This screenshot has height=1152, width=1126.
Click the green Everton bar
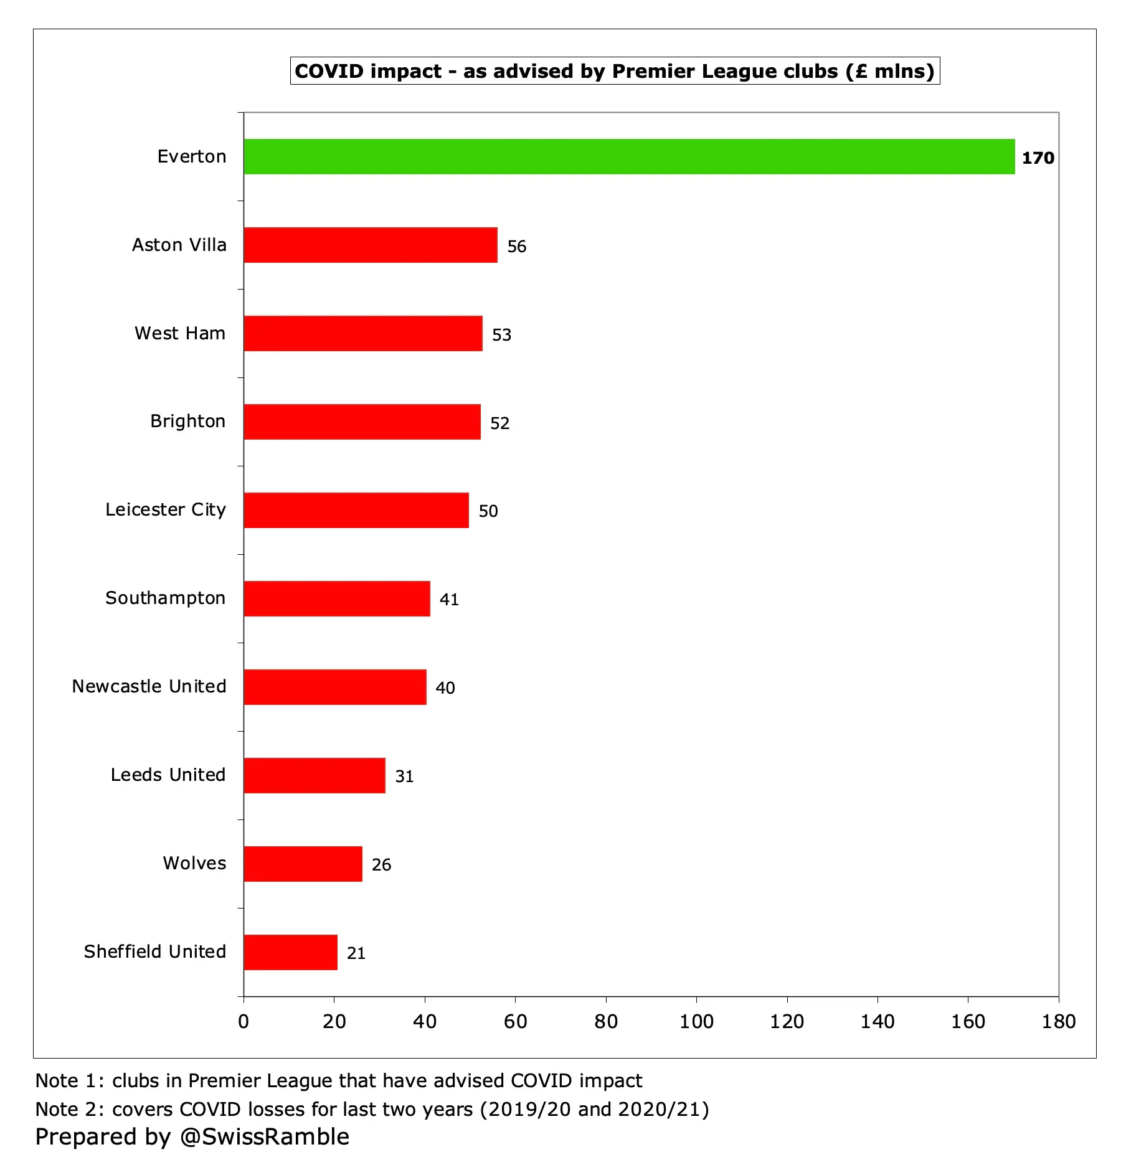coord(629,156)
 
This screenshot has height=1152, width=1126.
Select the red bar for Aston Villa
coord(371,245)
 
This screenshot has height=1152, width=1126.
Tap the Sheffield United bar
coord(290,952)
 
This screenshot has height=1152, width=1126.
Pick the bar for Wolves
coord(303,864)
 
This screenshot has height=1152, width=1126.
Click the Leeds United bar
coord(315,775)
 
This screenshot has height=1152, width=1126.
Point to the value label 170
coord(1038,158)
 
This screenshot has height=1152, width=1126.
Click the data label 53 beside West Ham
coord(501,335)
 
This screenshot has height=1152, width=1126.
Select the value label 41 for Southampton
coord(449,600)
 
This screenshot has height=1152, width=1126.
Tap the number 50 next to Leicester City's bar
coord(488,511)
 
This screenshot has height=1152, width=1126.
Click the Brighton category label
coord(187,421)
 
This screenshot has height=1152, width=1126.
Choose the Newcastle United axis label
coord(149,686)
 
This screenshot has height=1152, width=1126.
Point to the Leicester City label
coord(165,509)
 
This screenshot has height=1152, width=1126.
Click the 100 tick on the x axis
coord(696,1022)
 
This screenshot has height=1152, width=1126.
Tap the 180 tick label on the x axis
coord(1058,1022)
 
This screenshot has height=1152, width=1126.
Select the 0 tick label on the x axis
coord(244,1022)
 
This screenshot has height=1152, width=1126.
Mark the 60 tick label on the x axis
coord(515,1022)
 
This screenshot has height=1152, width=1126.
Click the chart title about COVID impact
coord(615,71)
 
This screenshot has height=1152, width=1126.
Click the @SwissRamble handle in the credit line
coord(265,1136)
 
